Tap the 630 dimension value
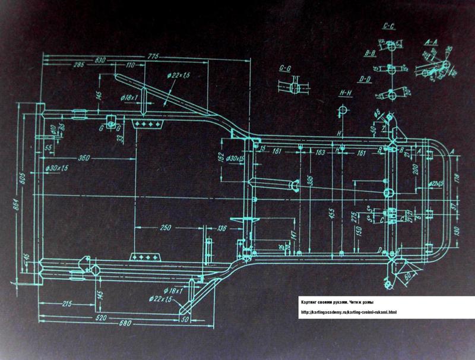point(100,60)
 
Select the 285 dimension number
point(78,65)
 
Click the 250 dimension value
point(165,228)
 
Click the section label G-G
point(285,68)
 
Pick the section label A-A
point(431,43)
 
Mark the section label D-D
point(365,78)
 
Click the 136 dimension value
point(223,228)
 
